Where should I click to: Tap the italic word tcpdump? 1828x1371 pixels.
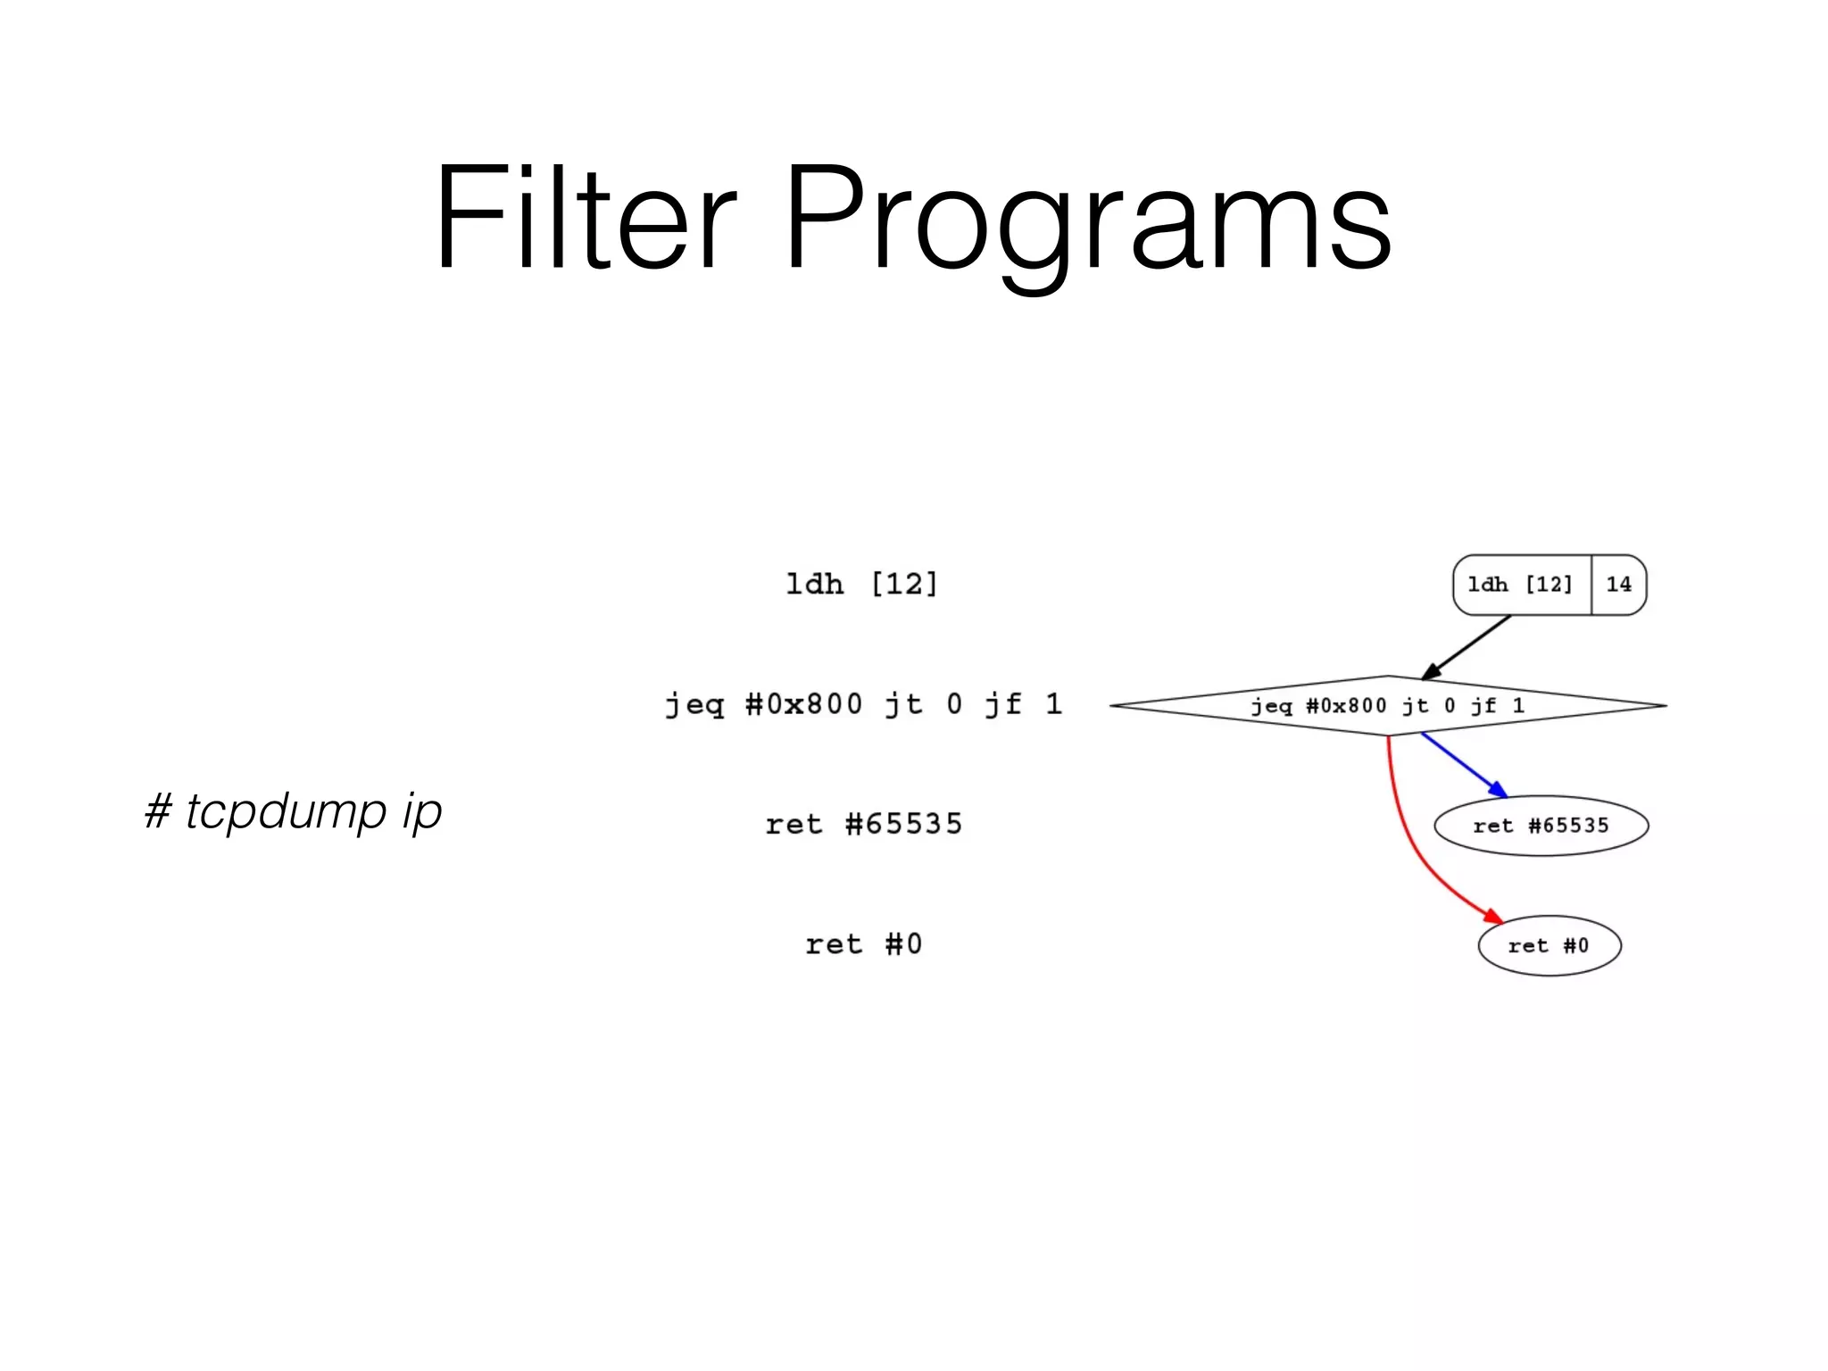point(286,810)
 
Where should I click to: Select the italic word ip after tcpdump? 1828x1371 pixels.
point(421,810)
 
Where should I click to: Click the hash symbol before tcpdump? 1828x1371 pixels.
point(158,810)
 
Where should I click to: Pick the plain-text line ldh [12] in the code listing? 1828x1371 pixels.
point(862,584)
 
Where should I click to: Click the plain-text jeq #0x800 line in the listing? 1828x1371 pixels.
point(864,704)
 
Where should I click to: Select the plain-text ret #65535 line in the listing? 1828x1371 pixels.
point(864,823)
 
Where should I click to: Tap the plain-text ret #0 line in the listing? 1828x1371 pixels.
point(864,943)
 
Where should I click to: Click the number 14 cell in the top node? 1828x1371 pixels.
point(1618,585)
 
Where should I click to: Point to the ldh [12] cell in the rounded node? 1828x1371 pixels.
point(1520,585)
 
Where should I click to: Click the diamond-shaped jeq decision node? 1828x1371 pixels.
point(1388,705)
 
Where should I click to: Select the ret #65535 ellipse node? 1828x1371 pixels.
point(1541,826)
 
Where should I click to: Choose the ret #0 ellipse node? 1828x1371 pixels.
point(1549,946)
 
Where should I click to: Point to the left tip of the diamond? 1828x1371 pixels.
point(1114,705)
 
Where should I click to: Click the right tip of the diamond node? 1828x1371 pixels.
point(1663,705)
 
